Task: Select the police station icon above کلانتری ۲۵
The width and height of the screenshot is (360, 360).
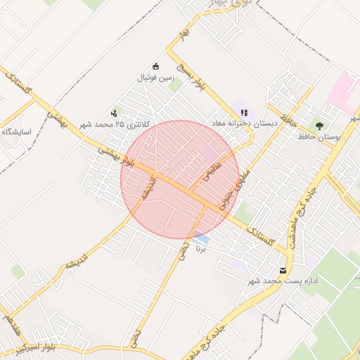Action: (114, 113)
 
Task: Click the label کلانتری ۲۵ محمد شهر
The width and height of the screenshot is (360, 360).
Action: (115, 124)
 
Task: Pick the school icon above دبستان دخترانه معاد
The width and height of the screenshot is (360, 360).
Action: (244, 112)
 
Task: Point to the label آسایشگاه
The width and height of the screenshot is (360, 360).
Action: (15, 131)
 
